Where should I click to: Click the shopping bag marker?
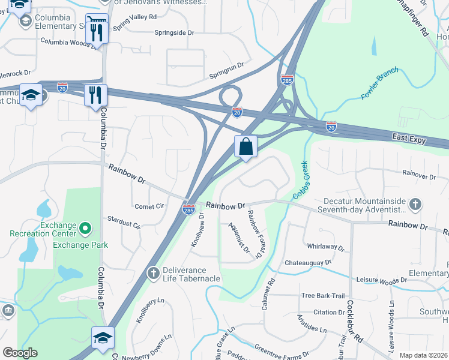(246, 146)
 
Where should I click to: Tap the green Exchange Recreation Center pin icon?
(85, 228)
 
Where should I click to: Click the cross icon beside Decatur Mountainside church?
(415, 205)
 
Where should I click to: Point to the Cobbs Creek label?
(300, 180)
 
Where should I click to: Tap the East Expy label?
(410, 139)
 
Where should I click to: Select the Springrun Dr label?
(227, 71)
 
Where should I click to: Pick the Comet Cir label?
(149, 206)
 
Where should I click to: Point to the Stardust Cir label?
(123, 223)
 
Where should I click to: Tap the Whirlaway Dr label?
(325, 247)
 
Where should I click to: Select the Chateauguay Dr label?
(308, 263)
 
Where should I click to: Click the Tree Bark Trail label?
(323, 295)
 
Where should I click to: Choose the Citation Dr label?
(328, 312)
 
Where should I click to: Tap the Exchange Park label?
(80, 245)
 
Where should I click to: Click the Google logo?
(20, 353)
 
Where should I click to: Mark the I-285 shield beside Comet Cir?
(188, 209)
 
